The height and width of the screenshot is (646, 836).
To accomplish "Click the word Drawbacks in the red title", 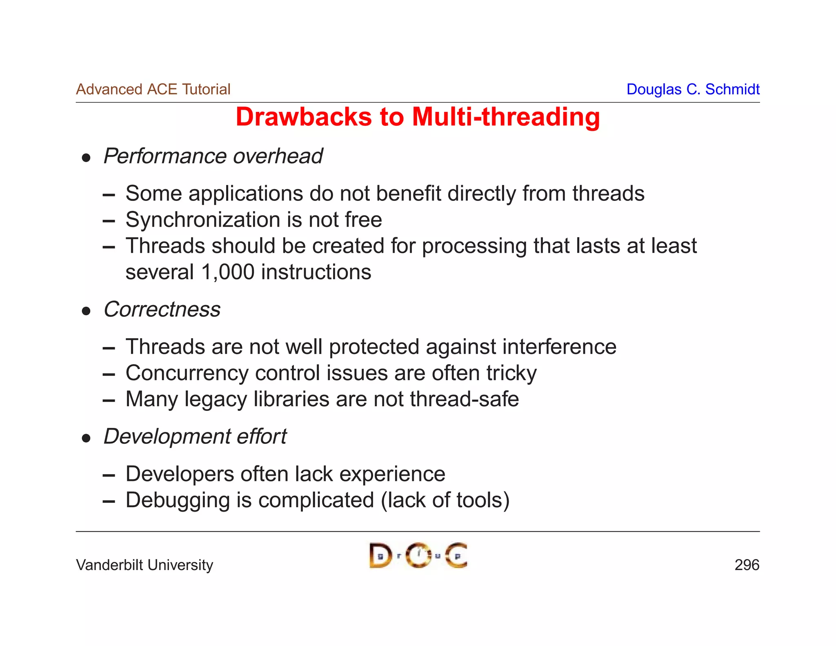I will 304,117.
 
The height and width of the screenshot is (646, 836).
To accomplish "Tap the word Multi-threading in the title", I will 506,117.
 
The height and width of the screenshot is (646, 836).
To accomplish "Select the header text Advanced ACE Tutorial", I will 153,89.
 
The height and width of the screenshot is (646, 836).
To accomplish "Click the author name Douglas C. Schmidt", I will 693,89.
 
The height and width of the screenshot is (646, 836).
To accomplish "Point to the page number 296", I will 747,565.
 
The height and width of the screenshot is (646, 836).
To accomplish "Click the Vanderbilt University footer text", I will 145,565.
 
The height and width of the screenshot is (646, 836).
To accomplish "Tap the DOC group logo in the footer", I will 418,556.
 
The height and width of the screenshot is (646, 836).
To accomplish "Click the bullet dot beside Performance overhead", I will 86,158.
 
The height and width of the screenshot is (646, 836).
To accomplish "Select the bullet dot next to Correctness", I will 86,311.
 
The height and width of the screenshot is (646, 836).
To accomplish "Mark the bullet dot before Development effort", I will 86,438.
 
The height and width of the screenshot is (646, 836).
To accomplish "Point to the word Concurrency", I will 187,374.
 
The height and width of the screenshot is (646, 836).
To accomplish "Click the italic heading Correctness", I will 162,310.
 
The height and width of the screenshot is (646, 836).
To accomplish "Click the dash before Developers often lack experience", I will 109,475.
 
